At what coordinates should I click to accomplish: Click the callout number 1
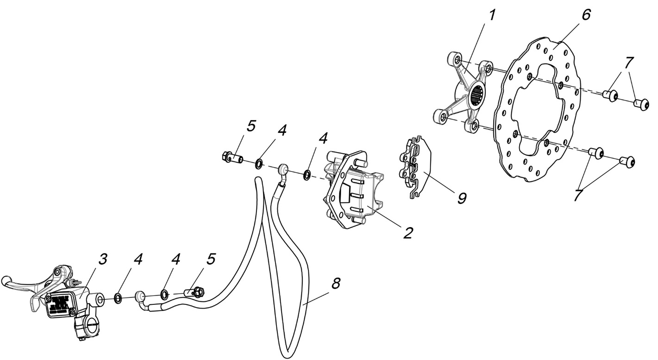click(492, 16)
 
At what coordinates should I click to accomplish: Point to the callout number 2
click(407, 232)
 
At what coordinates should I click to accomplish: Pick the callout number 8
click(336, 283)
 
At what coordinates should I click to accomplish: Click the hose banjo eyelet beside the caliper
click(283, 171)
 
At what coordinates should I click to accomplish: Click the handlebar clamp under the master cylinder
click(87, 327)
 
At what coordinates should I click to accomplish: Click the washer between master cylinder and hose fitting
click(119, 297)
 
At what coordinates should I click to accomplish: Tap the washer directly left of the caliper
click(307, 176)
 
